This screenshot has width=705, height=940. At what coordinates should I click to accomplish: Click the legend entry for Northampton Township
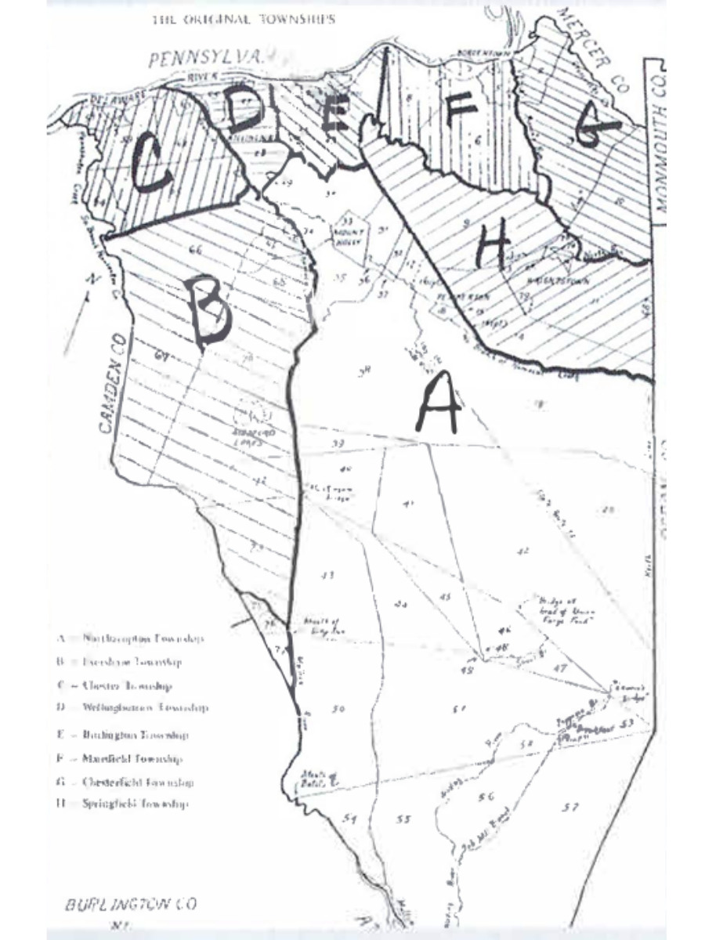(x=130, y=638)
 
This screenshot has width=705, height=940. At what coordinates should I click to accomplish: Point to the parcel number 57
(x=571, y=807)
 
